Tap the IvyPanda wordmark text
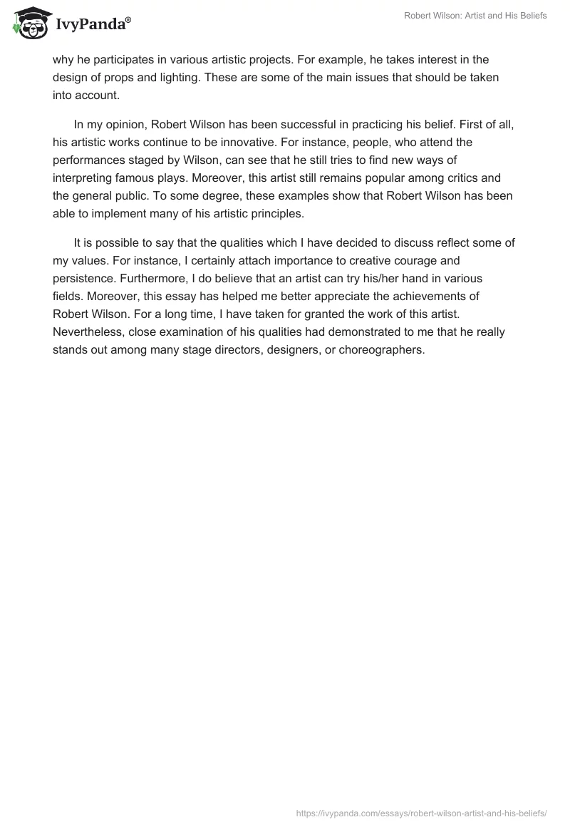coord(93,25)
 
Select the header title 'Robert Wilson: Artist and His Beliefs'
coord(475,16)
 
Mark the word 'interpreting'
coord(85,176)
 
